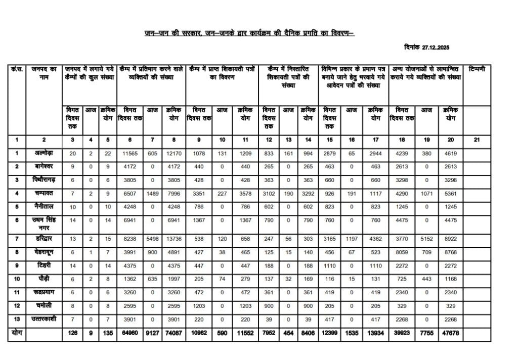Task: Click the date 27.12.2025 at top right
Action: click(x=435, y=47)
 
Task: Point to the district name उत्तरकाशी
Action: click(x=45, y=320)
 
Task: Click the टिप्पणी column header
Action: click(x=477, y=69)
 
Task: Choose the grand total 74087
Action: click(x=174, y=333)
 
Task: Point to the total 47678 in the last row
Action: click(x=451, y=333)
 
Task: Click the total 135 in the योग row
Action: click(x=107, y=333)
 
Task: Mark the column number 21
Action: click(x=477, y=140)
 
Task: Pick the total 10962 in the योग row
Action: click(x=198, y=333)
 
